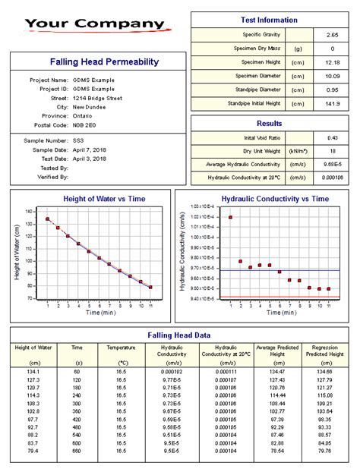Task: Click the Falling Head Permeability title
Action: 93,61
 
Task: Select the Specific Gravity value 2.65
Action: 331,35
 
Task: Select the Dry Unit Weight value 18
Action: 331,151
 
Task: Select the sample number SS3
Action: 79,140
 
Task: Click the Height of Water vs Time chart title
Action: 93,199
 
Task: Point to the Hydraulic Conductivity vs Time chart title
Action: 274,199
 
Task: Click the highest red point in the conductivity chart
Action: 230,217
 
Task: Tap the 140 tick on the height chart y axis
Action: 29,211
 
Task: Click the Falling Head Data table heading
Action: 179,335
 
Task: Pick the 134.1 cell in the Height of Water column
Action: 34,372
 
